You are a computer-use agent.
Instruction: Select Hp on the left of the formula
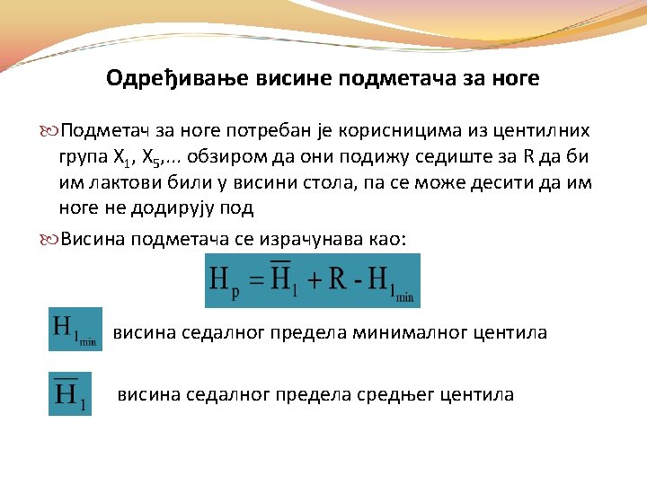click(x=224, y=281)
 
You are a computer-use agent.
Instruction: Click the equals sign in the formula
click(x=257, y=281)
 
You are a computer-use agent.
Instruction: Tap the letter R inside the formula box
click(x=338, y=279)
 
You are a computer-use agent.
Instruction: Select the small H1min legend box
click(x=75, y=330)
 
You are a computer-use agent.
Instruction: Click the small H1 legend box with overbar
click(x=70, y=393)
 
